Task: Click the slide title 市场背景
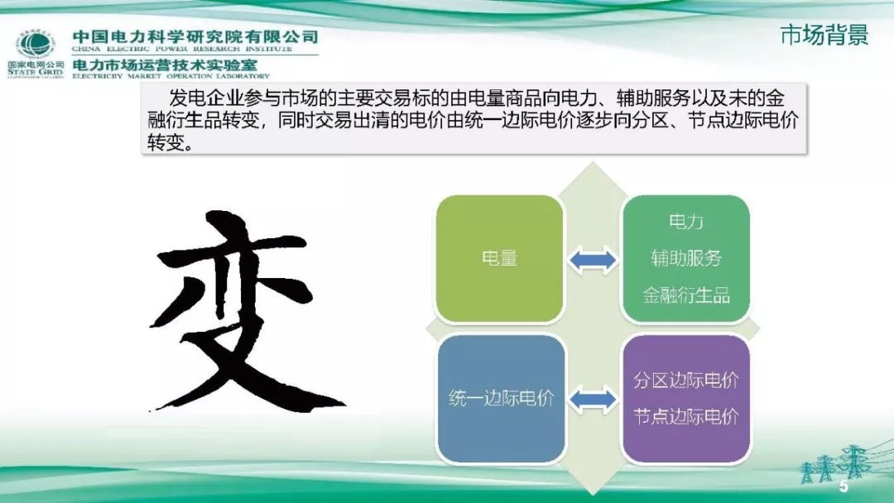pyautogui.click(x=824, y=36)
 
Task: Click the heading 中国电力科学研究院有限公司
pyautogui.click(x=195, y=36)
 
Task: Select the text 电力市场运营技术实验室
pyautogui.click(x=166, y=64)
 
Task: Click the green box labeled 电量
pyautogui.click(x=499, y=258)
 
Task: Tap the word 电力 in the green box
pyautogui.click(x=685, y=222)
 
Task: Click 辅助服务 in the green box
pyautogui.click(x=686, y=258)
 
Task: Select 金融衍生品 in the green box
pyautogui.click(x=686, y=295)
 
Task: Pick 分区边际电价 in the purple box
pyautogui.click(x=686, y=381)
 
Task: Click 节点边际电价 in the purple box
pyautogui.click(x=686, y=416)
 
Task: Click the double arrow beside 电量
pyautogui.click(x=593, y=260)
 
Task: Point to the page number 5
pyautogui.click(x=844, y=486)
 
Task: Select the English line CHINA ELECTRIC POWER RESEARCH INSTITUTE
pyautogui.click(x=195, y=50)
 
